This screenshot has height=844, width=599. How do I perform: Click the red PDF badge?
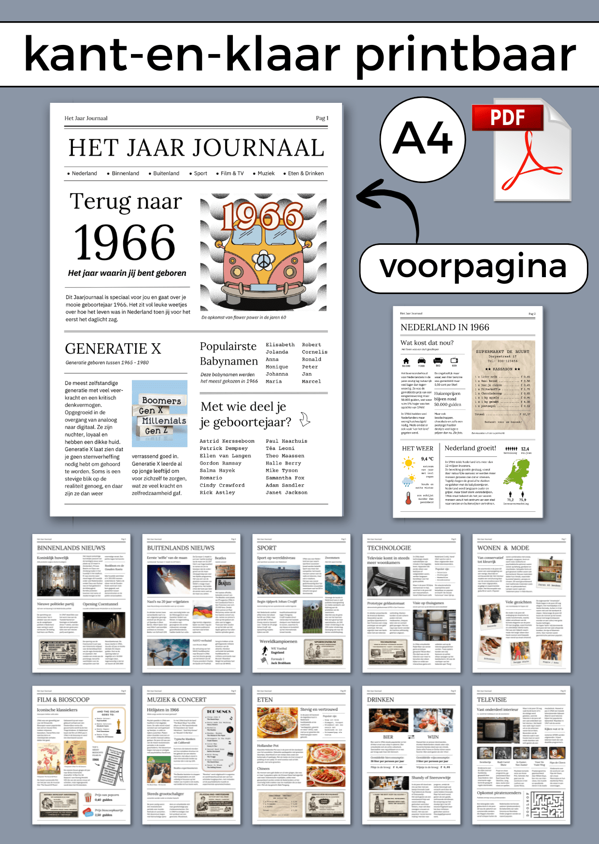(x=507, y=118)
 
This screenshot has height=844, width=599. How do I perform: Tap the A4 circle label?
(x=423, y=139)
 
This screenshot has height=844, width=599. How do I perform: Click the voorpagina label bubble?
(x=473, y=268)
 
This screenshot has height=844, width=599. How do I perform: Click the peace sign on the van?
(x=263, y=261)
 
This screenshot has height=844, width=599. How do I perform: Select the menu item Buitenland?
(x=166, y=173)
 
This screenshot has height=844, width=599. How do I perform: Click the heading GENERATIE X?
(x=113, y=349)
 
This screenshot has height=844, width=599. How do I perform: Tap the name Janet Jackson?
(x=286, y=492)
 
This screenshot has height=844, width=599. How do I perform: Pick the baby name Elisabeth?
(x=280, y=345)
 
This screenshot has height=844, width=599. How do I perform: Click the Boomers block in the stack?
(x=161, y=400)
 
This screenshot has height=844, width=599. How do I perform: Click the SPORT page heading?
(x=267, y=548)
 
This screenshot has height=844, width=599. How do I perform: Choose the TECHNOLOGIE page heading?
(x=389, y=548)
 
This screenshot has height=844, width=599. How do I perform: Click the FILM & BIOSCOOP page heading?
(x=63, y=700)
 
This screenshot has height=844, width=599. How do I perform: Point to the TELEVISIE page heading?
(x=492, y=700)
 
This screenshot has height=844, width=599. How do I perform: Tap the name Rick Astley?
(x=217, y=492)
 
